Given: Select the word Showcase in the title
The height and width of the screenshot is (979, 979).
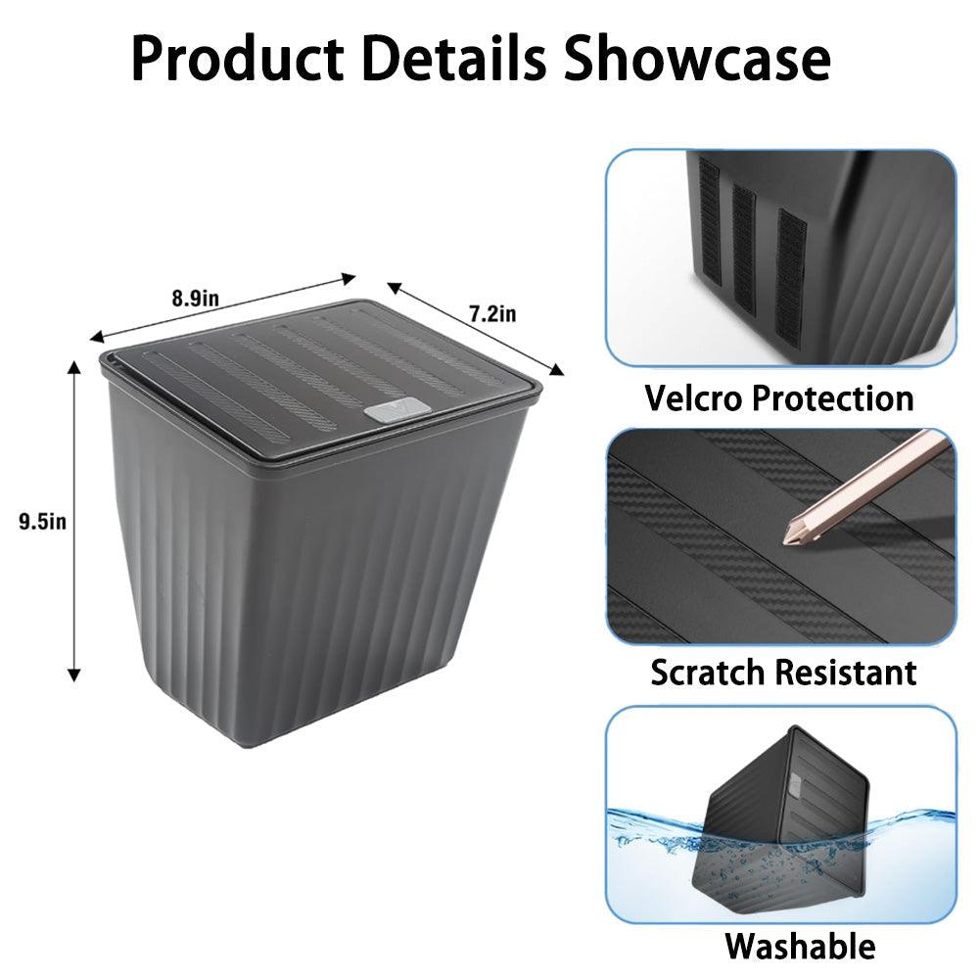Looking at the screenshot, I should (697, 60).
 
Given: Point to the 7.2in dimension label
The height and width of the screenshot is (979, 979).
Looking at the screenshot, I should (492, 313).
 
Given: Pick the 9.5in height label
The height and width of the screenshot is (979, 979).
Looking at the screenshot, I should (42, 521).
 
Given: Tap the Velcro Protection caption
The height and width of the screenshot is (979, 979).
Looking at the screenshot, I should (778, 399).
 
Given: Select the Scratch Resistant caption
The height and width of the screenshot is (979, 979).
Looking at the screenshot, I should (783, 674).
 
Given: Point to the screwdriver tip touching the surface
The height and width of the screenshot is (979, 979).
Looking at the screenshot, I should (789, 537).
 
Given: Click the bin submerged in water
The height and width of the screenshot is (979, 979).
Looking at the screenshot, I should (783, 813).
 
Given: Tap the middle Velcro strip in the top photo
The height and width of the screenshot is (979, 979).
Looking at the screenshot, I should (745, 250).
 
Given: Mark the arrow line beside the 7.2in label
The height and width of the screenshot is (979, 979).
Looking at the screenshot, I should (478, 329).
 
